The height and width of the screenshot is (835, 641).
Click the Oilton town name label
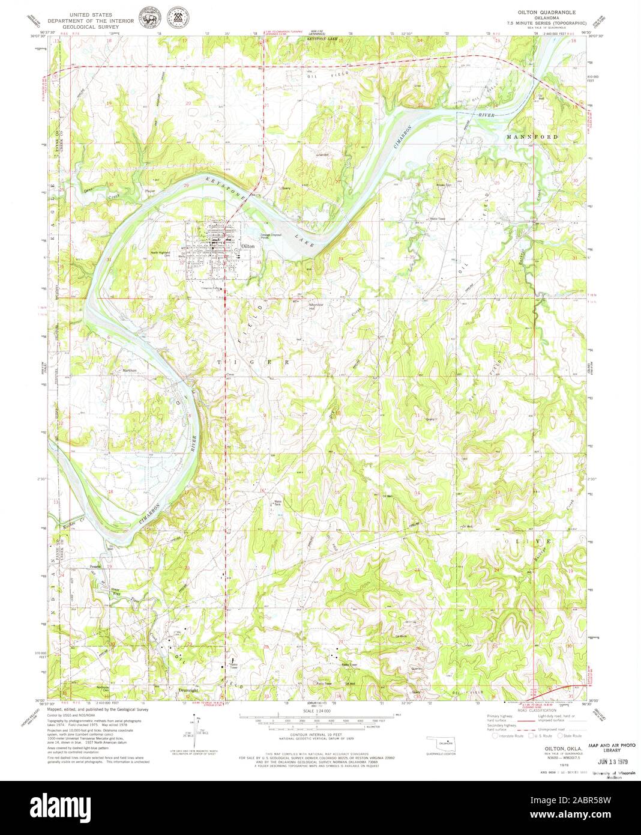coord(248,246)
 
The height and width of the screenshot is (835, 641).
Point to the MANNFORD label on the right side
coord(532,137)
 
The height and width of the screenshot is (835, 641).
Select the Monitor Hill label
coord(316,306)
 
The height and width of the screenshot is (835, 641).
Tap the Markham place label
coord(130,371)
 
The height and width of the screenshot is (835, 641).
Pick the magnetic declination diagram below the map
coord(196,728)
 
